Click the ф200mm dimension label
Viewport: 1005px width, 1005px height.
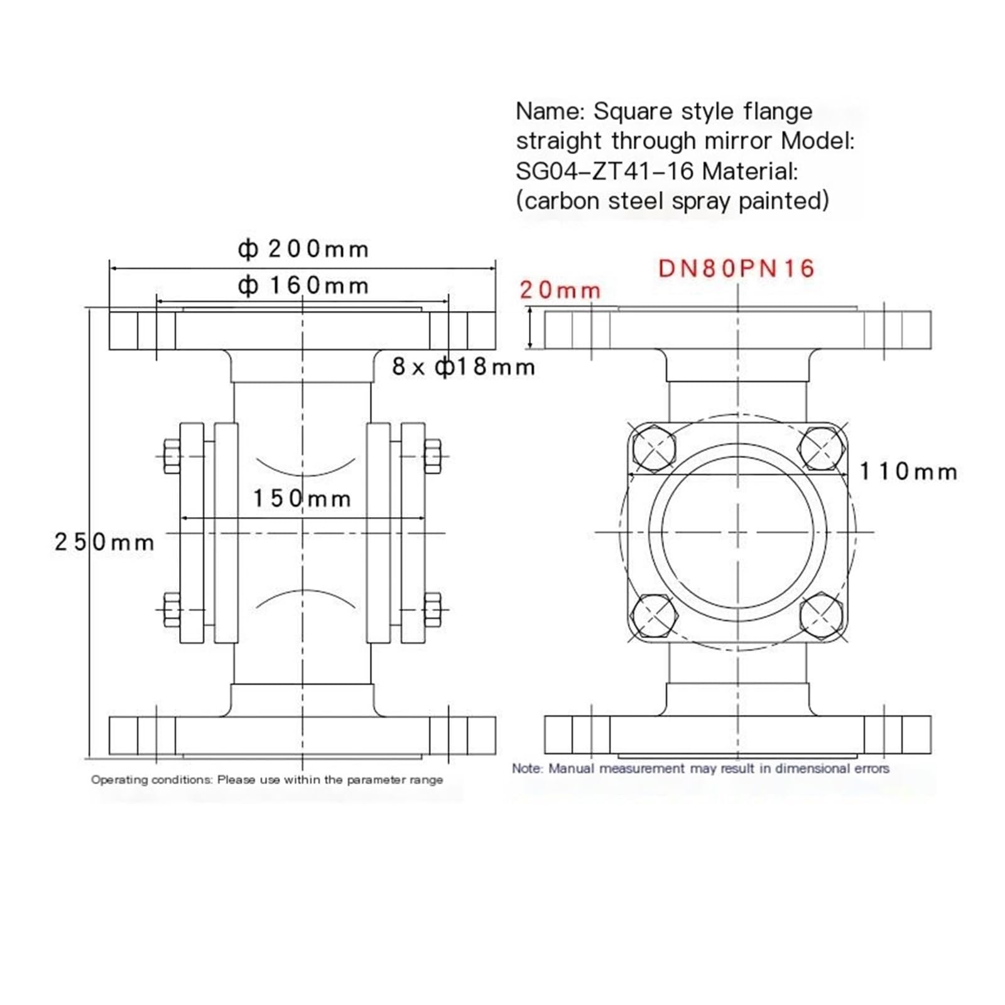[303, 249]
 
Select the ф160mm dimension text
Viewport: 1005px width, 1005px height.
[303, 286]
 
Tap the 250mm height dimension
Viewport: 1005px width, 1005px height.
[104, 542]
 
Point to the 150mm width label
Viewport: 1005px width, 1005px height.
[301, 499]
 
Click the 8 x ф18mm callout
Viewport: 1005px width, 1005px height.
[464, 367]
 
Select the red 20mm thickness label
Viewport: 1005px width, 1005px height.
[560, 290]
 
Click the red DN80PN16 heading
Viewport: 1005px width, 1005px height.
[736, 269]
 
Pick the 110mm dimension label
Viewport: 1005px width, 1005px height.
[908, 471]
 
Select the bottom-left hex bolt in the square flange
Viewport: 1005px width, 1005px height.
[654, 616]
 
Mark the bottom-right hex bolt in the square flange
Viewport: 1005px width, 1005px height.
[821, 616]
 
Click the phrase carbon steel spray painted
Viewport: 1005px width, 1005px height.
[672, 201]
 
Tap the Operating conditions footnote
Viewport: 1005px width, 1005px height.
[267, 780]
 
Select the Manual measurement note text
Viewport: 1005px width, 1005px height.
[700, 768]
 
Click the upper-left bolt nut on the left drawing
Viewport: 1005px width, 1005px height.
[171, 456]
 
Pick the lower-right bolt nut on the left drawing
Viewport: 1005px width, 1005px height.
[432, 609]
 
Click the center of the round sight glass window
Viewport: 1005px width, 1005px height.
[737, 533]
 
